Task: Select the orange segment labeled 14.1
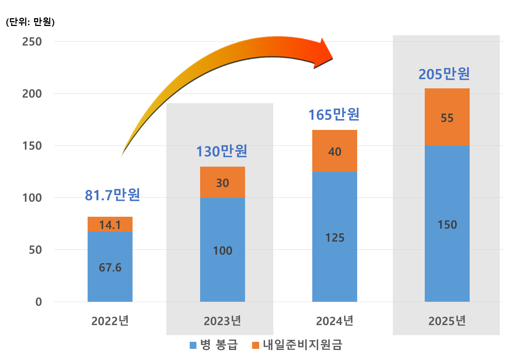pyautogui.click(x=110, y=224)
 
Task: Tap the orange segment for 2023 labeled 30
pyautogui.click(x=222, y=182)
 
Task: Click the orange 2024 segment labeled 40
pyautogui.click(x=335, y=151)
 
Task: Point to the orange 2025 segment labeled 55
pyautogui.click(x=447, y=117)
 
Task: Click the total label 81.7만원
pyautogui.click(x=112, y=195)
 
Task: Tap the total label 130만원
pyautogui.click(x=222, y=151)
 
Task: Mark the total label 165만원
pyautogui.click(x=334, y=115)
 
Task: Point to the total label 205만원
pyautogui.click(x=444, y=74)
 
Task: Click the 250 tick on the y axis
pyautogui.click(x=32, y=42)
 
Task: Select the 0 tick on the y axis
pyautogui.click(x=38, y=302)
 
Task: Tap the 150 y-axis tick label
pyautogui.click(x=32, y=146)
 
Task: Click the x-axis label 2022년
pyautogui.click(x=110, y=321)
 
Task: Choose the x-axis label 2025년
pyautogui.click(x=447, y=321)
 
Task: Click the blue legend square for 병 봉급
pyautogui.click(x=193, y=346)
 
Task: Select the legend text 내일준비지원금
pyautogui.click(x=302, y=345)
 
